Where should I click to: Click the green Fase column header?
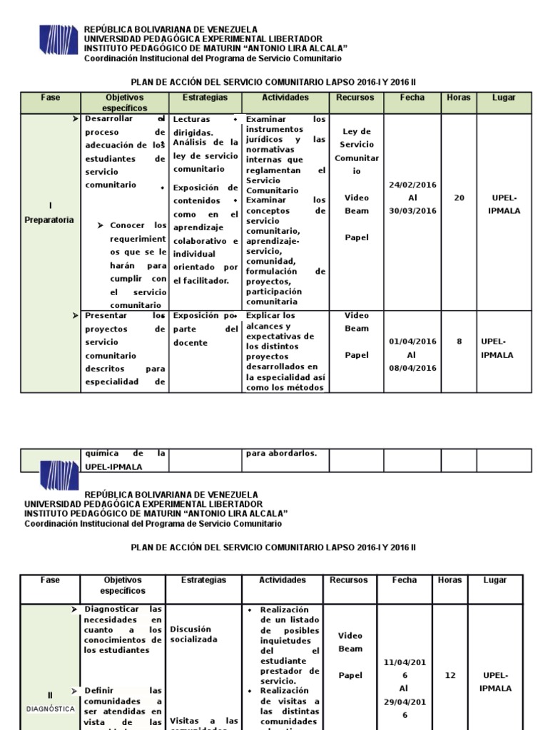click(51, 98)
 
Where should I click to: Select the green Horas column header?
click(458, 98)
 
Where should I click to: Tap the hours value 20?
click(459, 198)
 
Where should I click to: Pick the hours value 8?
click(459, 341)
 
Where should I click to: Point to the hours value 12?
click(450, 675)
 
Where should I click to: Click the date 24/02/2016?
click(412, 185)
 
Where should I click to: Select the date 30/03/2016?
click(412, 211)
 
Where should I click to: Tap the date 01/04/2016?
click(412, 341)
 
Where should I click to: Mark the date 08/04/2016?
click(412, 368)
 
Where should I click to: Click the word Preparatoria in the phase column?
click(50, 220)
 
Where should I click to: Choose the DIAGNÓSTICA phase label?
click(50, 709)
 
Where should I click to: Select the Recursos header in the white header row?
click(349, 580)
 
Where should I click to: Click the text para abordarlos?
click(281, 453)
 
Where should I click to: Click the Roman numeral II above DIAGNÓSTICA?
click(50, 695)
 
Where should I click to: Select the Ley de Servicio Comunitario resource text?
click(357, 151)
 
